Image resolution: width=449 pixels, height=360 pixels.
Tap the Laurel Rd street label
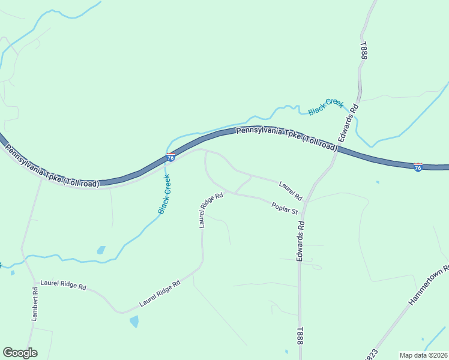291,191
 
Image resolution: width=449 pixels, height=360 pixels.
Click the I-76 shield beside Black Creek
171,157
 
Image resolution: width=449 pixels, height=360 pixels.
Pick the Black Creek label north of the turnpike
325,107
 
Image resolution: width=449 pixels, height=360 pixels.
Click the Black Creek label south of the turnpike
164,194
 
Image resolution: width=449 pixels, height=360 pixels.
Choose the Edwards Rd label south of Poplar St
300,241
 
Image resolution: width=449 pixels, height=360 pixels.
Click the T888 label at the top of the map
364,50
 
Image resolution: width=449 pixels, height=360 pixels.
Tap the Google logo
20,352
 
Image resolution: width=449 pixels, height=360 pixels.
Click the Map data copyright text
423,355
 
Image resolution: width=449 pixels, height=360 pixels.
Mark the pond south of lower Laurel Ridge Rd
134,321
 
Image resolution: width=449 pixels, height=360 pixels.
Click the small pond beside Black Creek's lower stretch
101,250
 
